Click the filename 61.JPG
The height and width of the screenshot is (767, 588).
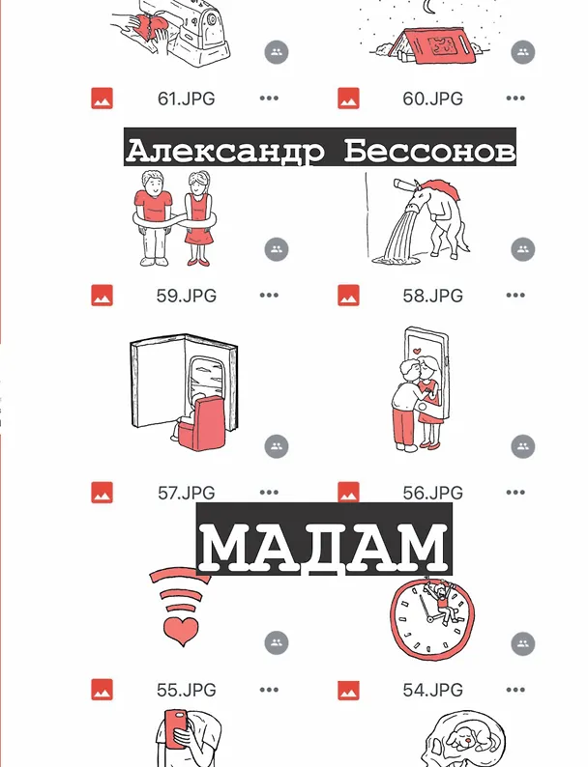pyautogui.click(x=186, y=99)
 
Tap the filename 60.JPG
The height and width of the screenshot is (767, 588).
pyautogui.click(x=433, y=99)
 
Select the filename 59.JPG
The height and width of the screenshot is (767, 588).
pyautogui.click(x=186, y=296)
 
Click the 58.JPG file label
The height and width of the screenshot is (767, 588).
pyautogui.click(x=433, y=296)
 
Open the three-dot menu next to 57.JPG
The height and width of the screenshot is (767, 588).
pyautogui.click(x=269, y=492)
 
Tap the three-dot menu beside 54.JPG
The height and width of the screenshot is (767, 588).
pyautogui.click(x=515, y=690)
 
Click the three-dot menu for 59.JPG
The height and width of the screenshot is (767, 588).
pyautogui.click(x=269, y=295)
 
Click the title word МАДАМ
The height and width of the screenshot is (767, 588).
pyautogui.click(x=325, y=547)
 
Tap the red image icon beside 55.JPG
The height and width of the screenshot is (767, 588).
pyautogui.click(x=102, y=690)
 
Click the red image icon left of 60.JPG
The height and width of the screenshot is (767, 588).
pyautogui.click(x=348, y=99)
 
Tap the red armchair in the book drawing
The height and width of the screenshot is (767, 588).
pyautogui.click(x=202, y=423)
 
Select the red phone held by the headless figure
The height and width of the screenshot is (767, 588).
pyautogui.click(x=176, y=729)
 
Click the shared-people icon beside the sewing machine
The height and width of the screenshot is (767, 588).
pyautogui.click(x=277, y=52)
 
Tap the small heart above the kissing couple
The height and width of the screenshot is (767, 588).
pyautogui.click(x=416, y=351)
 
